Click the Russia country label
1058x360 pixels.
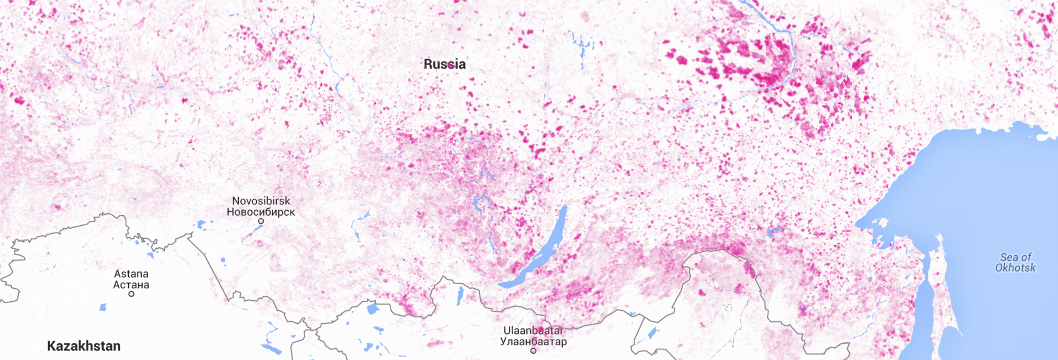(445, 64)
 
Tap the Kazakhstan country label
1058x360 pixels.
(84, 346)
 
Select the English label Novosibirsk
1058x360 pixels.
(261, 201)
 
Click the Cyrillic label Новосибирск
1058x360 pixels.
(261, 212)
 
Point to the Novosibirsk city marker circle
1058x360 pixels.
(261, 221)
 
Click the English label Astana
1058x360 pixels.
(131, 274)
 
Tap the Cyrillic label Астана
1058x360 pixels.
(131, 285)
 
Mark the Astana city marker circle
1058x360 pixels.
(131, 294)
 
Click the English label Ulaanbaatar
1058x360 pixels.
(533, 330)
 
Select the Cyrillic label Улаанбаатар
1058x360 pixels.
(533, 341)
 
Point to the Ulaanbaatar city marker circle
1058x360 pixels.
(533, 351)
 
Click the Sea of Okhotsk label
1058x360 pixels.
(1015, 262)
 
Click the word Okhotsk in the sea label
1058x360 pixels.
(1015, 268)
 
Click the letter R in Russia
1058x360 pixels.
(428, 64)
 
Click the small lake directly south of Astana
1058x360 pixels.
(103, 307)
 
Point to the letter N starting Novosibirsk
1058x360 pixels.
(235, 201)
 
